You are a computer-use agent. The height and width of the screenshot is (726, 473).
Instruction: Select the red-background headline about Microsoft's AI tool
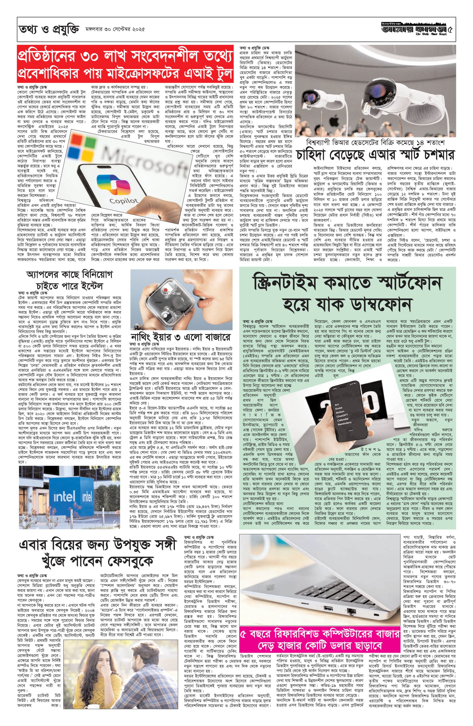pos(125,64)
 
